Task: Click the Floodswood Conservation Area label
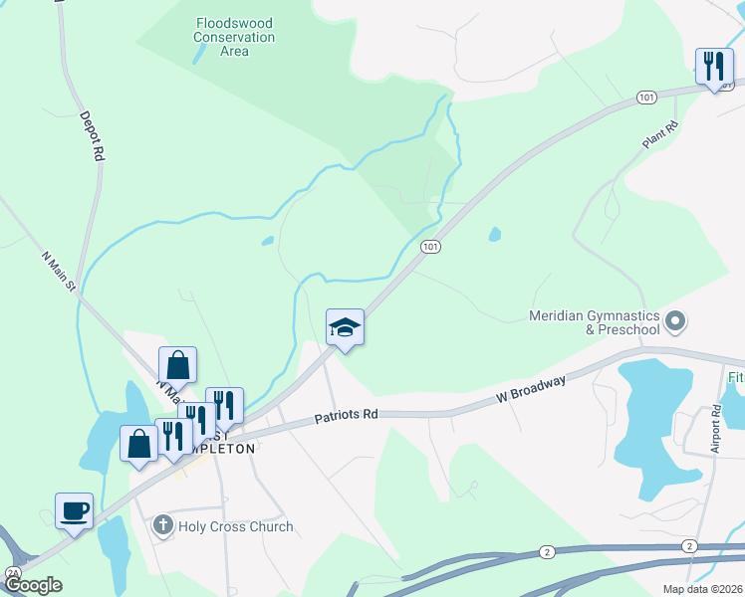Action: [235, 37]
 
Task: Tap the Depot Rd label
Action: [92, 136]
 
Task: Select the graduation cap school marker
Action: [345, 327]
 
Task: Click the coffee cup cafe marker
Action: [75, 511]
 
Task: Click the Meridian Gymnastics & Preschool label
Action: [594, 322]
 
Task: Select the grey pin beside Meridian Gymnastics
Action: [676, 321]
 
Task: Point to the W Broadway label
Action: [532, 389]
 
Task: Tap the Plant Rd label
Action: [658, 135]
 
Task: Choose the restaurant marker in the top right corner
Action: [713, 68]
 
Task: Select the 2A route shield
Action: [14, 574]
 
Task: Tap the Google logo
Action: [33, 585]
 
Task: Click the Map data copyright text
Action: [701, 589]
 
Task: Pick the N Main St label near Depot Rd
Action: [59, 271]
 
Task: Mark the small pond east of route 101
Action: [495, 235]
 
